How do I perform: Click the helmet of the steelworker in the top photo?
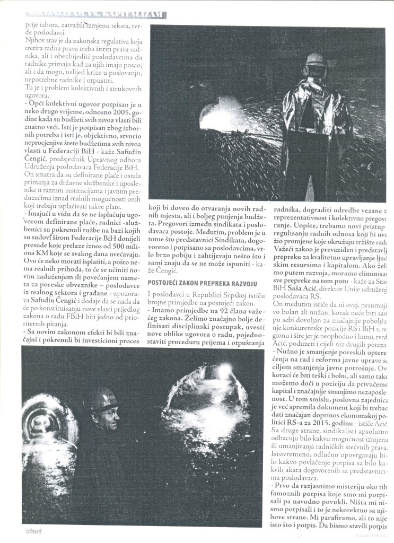point(316,59)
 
